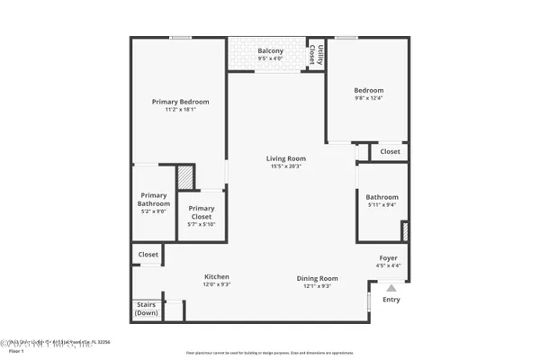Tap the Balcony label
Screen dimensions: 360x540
[270, 51]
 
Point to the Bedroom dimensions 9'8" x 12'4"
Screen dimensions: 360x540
[369, 98]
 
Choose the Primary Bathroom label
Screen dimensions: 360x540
[154, 200]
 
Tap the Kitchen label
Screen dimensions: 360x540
[217, 276]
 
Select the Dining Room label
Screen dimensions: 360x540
[318, 278]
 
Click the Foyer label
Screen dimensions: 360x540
[388, 258]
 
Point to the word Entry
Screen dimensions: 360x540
[391, 300]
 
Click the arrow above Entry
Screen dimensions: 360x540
[391, 288]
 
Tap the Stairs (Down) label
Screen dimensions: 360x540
[147, 309]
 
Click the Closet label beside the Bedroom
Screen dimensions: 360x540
[390, 152]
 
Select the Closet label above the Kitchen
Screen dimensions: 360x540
[148, 255]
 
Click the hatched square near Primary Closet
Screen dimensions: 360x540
[184, 175]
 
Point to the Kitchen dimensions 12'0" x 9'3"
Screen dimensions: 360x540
[217, 284]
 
